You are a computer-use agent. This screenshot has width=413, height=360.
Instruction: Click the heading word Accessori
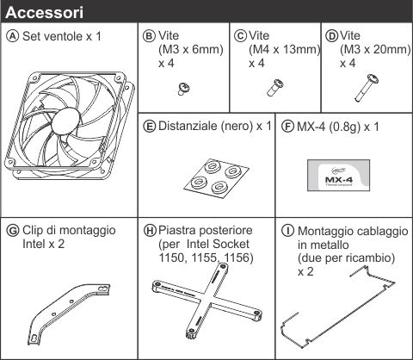click(45, 13)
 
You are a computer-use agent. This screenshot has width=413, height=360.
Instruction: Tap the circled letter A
click(12, 36)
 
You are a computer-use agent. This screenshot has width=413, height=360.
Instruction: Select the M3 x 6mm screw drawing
click(184, 89)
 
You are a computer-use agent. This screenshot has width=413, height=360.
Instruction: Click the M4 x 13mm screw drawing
click(275, 87)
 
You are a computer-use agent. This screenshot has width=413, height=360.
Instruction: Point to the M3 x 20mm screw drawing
click(367, 88)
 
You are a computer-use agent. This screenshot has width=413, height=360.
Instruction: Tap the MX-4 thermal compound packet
click(338, 176)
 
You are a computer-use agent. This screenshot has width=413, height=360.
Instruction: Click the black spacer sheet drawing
click(216, 177)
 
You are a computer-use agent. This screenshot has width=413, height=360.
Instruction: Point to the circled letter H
click(150, 231)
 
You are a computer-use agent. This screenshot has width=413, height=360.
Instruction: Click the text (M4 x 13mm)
click(284, 50)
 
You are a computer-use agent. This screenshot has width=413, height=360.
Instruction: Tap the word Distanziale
click(188, 126)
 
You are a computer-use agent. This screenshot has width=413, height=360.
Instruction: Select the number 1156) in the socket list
click(238, 258)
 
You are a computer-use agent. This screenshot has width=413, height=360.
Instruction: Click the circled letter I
click(287, 231)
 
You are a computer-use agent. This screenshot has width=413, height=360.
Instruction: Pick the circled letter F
click(287, 127)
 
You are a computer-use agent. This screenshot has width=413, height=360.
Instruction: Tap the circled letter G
click(13, 231)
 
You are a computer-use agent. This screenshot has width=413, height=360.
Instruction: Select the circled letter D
click(332, 36)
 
